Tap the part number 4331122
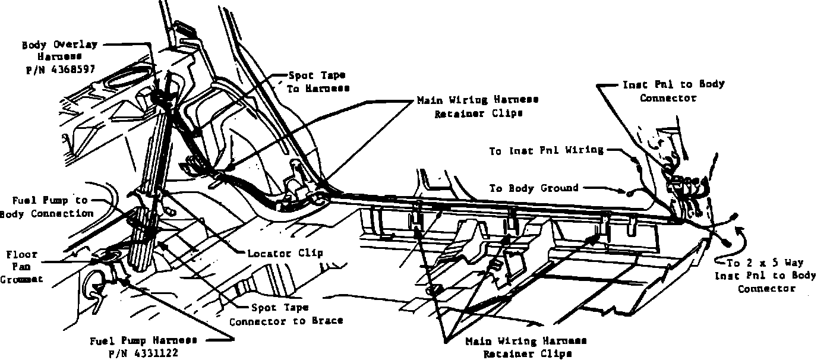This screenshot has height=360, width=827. [143, 352]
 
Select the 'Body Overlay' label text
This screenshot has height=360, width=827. [59, 45]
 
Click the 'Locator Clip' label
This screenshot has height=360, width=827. [285, 253]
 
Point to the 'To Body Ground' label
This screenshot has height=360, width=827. [534, 188]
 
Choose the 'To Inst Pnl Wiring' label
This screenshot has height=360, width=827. [546, 151]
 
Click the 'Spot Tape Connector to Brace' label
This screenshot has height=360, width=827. [286, 315]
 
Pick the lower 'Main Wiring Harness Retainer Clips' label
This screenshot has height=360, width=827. [526, 347]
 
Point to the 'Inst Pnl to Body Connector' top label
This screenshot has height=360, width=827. [673, 91]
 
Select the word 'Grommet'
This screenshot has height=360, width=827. [21, 279]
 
